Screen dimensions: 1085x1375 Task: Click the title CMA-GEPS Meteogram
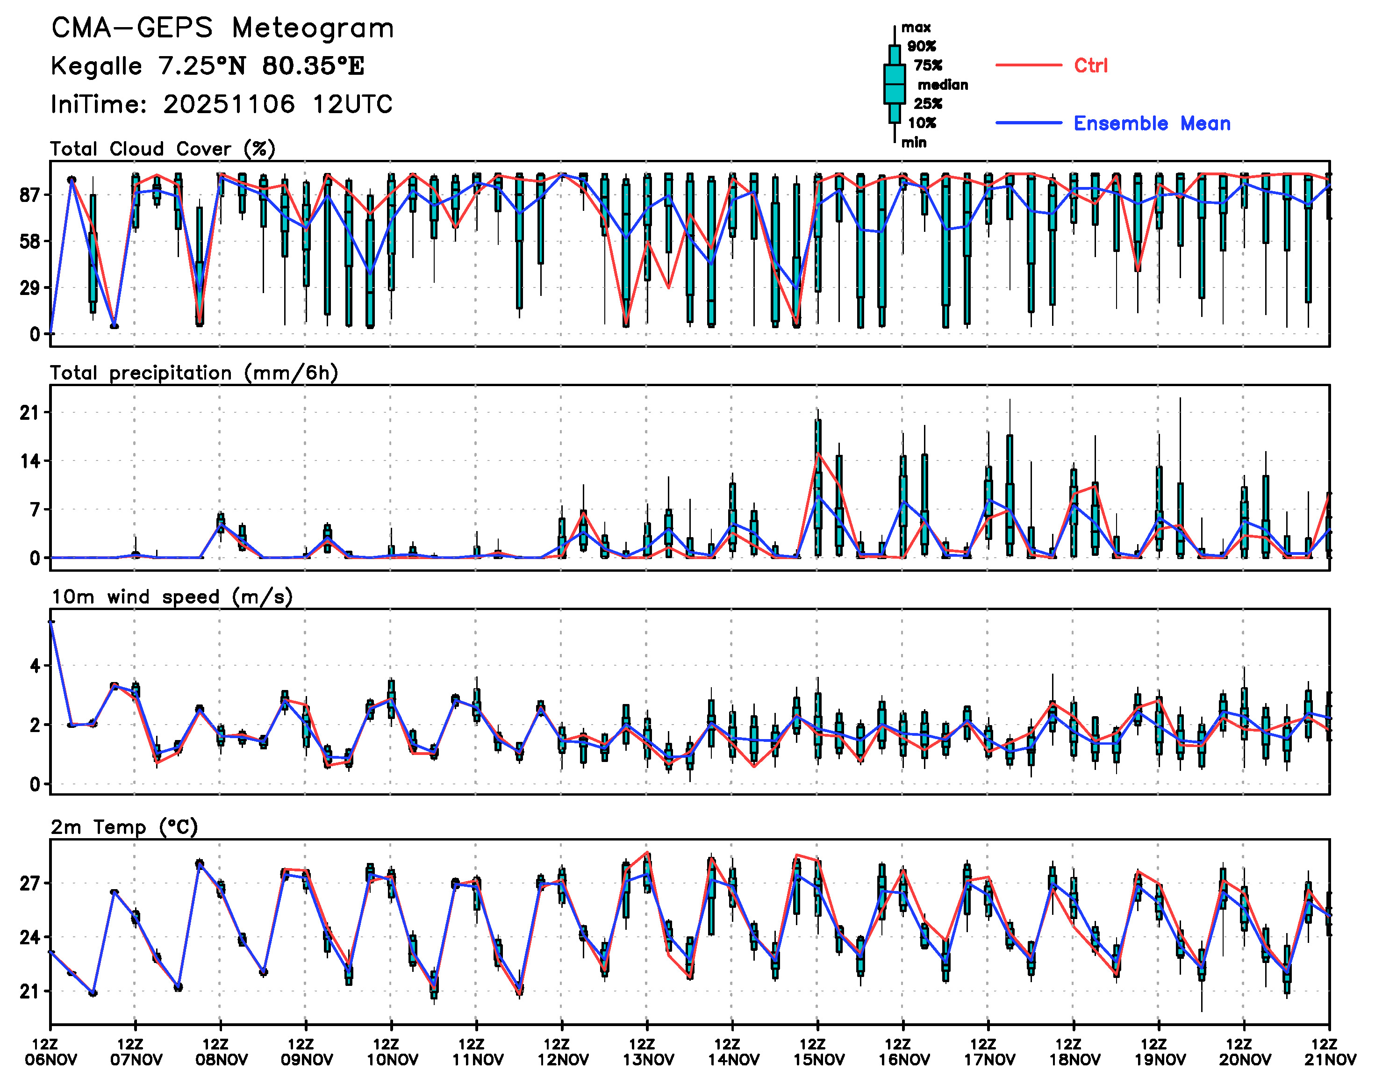[x=222, y=29]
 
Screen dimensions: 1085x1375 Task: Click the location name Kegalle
[x=97, y=66]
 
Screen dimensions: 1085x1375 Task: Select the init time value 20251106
[x=229, y=104]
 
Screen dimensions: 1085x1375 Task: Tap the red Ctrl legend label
[x=1090, y=65]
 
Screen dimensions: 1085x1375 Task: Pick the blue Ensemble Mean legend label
[x=1152, y=123]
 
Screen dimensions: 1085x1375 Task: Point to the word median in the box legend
[x=943, y=85]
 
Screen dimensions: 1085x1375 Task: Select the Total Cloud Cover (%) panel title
[x=163, y=149]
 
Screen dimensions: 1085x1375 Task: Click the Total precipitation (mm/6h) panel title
[x=193, y=373]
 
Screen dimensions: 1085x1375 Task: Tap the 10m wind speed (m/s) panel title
[x=172, y=597]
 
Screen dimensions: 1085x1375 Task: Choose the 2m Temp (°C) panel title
[x=124, y=827]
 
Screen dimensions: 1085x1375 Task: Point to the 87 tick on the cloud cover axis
[x=30, y=195]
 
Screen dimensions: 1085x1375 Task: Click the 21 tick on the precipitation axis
[x=30, y=413]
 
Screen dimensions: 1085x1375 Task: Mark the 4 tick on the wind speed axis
[x=35, y=666]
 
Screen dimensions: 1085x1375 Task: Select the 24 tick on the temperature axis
[x=30, y=938]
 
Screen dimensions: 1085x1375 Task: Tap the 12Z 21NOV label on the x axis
[x=1329, y=1052]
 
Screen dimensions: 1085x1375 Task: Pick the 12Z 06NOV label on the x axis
[x=51, y=1052]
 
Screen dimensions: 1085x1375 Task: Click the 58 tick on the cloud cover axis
[x=30, y=241]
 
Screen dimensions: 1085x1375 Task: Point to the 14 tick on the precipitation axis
[x=30, y=461]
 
